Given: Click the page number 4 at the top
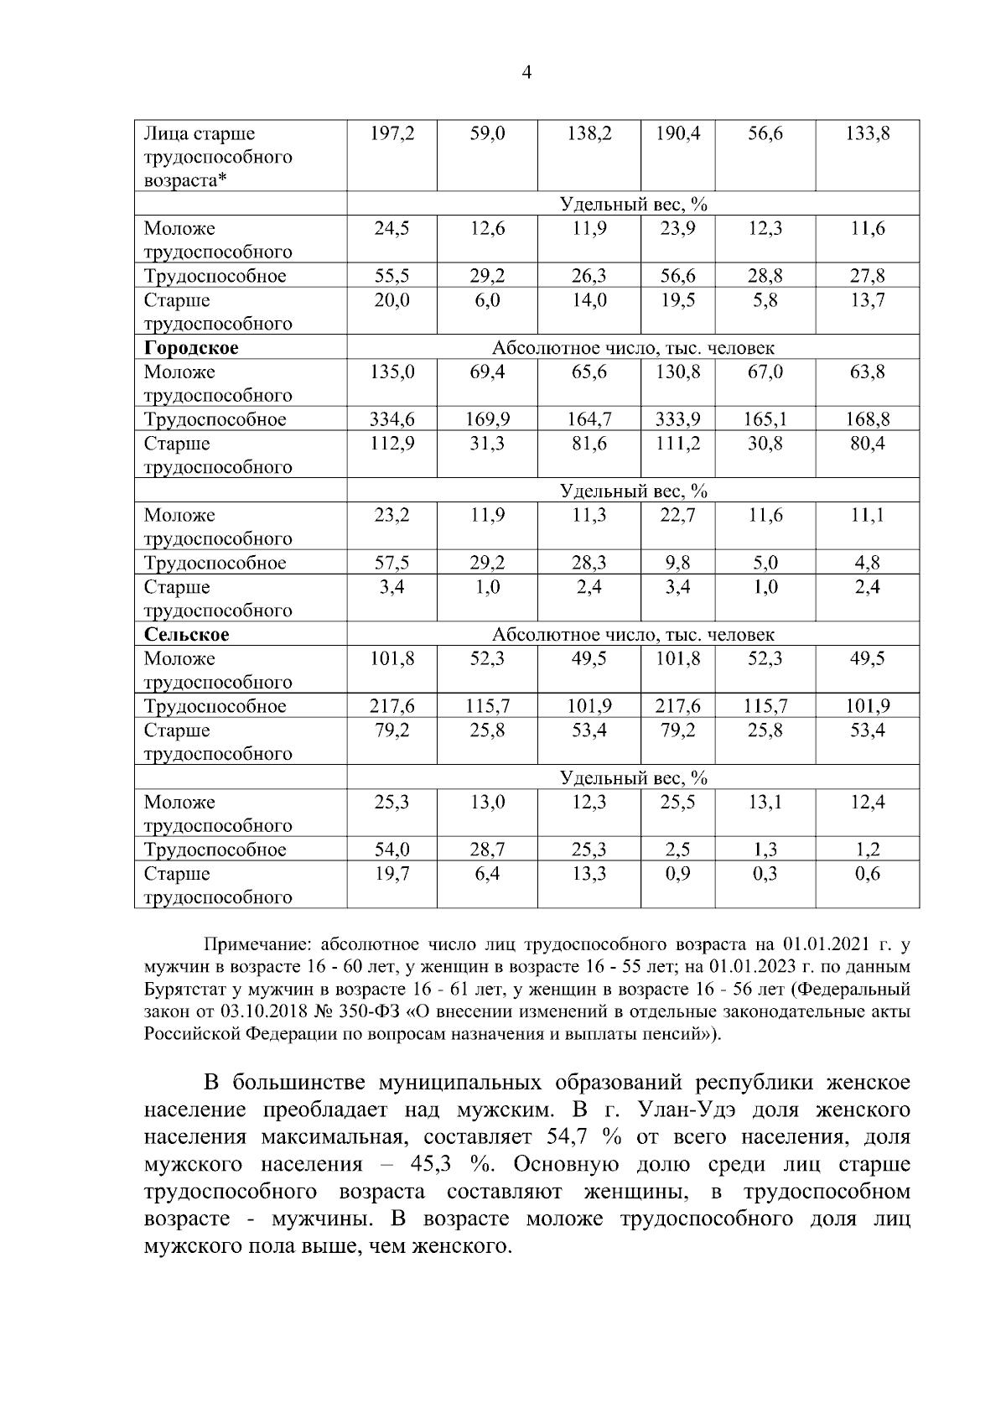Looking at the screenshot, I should point(526,73).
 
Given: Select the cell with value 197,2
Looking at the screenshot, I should point(392,133).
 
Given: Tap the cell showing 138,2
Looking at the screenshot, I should point(589,133).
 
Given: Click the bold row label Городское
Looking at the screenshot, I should point(191,348).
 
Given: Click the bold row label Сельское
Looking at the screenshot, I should point(186,635).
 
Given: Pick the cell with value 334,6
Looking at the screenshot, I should point(392,419).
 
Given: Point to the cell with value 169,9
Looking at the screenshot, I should point(487,419).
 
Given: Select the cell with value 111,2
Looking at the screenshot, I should point(677,444).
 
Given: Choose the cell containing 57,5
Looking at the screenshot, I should point(392,563).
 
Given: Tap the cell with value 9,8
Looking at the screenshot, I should point(677,563).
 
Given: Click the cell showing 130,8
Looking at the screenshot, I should point(677,372).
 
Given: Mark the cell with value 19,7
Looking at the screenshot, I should point(392,874).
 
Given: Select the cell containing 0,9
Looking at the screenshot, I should point(677,874).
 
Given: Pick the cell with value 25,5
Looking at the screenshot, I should point(677,803).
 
